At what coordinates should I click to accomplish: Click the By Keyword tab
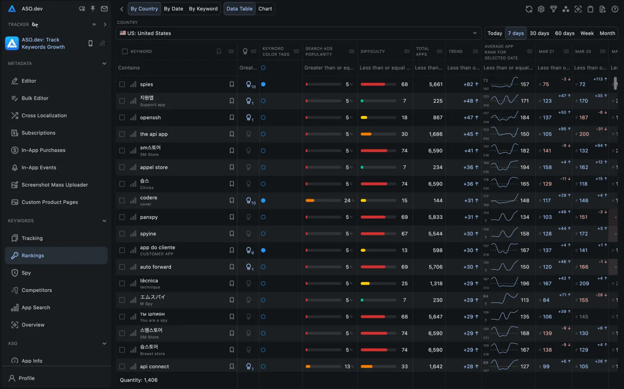[x=203, y=9]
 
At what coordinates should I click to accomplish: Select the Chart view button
[x=265, y=9]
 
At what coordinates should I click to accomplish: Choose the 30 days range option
[x=539, y=33]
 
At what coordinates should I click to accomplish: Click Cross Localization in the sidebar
[x=44, y=116]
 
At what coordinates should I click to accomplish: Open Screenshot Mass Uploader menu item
[x=55, y=185]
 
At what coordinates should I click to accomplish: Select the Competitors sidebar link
[x=36, y=290]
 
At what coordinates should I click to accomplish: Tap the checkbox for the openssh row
[x=122, y=118]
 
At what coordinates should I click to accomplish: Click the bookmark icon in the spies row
[x=232, y=84]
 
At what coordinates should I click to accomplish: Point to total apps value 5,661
[x=435, y=84]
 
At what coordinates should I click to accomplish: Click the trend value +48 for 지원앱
[x=471, y=101]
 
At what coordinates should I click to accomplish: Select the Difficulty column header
[x=373, y=52]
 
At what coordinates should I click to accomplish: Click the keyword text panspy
[x=149, y=217]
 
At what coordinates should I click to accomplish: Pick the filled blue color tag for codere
[x=263, y=201]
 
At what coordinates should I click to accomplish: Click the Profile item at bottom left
[x=26, y=378]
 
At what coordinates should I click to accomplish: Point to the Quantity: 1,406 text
[x=139, y=380]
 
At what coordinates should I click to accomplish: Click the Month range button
[x=607, y=33]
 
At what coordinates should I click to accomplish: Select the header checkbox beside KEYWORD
[x=125, y=52]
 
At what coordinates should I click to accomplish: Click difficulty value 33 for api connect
[x=404, y=366]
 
